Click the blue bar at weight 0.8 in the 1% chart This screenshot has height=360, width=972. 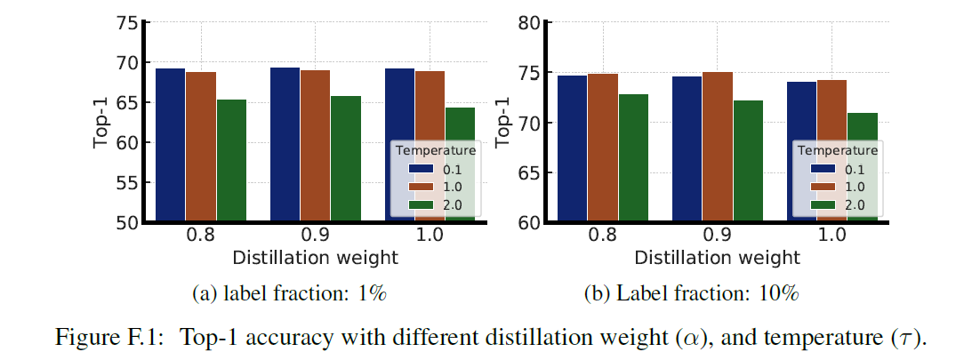click(170, 144)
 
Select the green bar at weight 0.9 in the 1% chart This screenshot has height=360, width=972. click(345, 157)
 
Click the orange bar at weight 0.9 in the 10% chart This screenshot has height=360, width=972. click(717, 147)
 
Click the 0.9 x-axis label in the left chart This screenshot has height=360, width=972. click(315, 239)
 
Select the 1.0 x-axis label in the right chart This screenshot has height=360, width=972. click(831, 239)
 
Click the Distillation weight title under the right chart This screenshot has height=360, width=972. click(717, 258)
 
